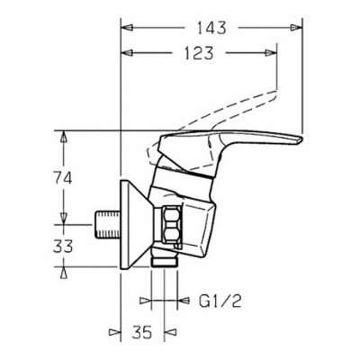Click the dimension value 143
[x=211, y=28]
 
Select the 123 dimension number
[x=199, y=53]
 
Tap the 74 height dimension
[x=62, y=179]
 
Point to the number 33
[x=63, y=247]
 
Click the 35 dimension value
[x=142, y=331]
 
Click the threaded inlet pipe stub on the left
[x=107, y=225]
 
